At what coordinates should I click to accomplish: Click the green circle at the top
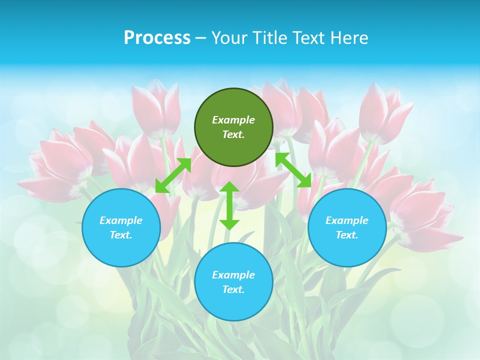(233, 127)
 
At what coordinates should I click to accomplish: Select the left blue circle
(121, 227)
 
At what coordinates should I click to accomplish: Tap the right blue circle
(347, 227)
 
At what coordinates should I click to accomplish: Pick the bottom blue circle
(233, 282)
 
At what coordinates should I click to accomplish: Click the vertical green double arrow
(229, 205)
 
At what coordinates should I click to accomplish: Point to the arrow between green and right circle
(293, 170)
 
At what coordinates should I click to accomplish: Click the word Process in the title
(157, 38)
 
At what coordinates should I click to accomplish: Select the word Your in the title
(229, 38)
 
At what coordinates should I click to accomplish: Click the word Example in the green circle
(233, 120)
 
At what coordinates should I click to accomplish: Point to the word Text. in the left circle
(121, 235)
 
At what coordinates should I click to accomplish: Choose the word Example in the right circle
(347, 220)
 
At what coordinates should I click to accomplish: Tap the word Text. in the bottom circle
(233, 289)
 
